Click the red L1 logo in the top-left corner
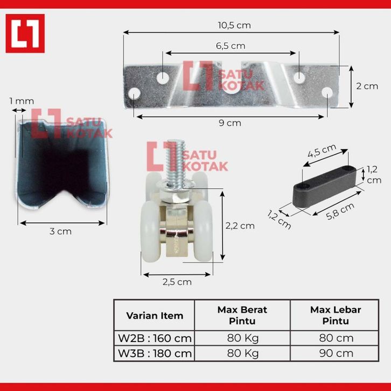pyautogui.click(x=25, y=33)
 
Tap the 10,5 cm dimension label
pyautogui.click(x=234, y=25)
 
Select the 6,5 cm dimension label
pyautogui.click(x=231, y=46)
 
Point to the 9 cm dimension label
pyautogui.click(x=230, y=123)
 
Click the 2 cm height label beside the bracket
pyautogui.click(x=367, y=86)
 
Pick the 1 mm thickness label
pyautogui.click(x=22, y=101)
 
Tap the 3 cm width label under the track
pyautogui.click(x=60, y=231)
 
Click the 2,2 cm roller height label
pyautogui.click(x=240, y=226)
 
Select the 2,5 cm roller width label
pyautogui.click(x=177, y=282)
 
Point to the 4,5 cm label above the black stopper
pyautogui.click(x=322, y=151)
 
